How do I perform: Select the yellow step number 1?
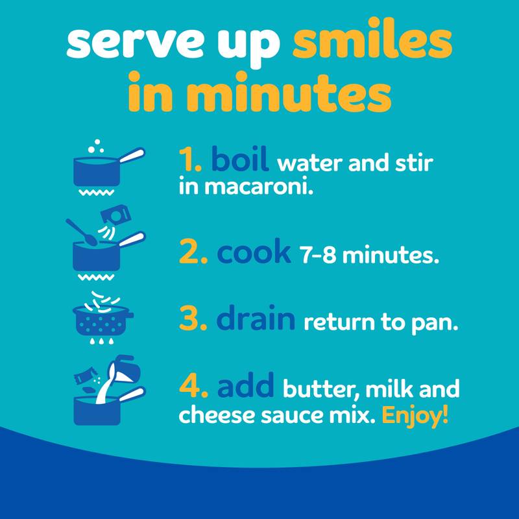(189, 160)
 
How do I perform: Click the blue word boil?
(239, 158)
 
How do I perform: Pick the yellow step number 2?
(193, 251)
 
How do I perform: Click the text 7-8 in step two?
(318, 255)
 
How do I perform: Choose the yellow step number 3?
(193, 318)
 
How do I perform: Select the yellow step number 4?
(193, 385)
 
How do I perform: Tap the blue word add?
(245, 384)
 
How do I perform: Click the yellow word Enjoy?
(415, 416)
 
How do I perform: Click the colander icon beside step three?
(102, 319)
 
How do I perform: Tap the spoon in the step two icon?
(80, 232)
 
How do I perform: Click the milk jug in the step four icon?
(125, 368)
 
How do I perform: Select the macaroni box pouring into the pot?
(116, 215)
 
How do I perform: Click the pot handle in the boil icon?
(132, 155)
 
